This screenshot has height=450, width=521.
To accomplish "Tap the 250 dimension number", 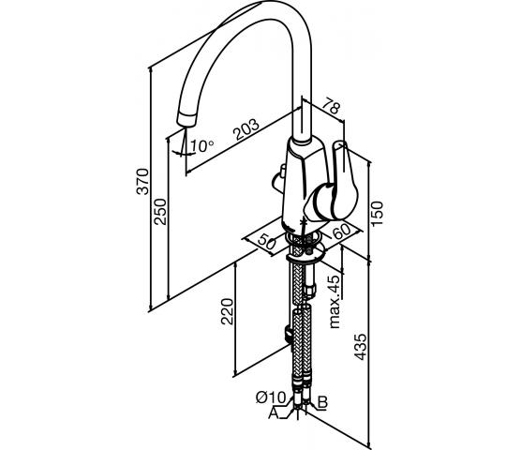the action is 160,212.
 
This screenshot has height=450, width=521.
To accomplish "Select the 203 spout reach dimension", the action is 246,129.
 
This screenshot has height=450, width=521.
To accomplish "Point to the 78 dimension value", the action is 332,105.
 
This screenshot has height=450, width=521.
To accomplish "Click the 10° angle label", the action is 202,145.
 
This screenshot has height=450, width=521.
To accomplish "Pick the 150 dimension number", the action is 377,214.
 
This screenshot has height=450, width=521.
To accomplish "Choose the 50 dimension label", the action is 267,242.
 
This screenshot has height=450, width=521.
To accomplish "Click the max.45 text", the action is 335,302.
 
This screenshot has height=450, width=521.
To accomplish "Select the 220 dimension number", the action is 228,311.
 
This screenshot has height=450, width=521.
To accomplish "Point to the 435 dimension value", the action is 360,347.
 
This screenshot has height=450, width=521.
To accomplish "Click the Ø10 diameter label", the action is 271,397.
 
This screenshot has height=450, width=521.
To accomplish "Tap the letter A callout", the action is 274,413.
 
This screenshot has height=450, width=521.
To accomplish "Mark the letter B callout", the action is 322,402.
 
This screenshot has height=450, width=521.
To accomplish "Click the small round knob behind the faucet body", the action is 278,178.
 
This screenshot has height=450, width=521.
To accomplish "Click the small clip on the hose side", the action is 288,334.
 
